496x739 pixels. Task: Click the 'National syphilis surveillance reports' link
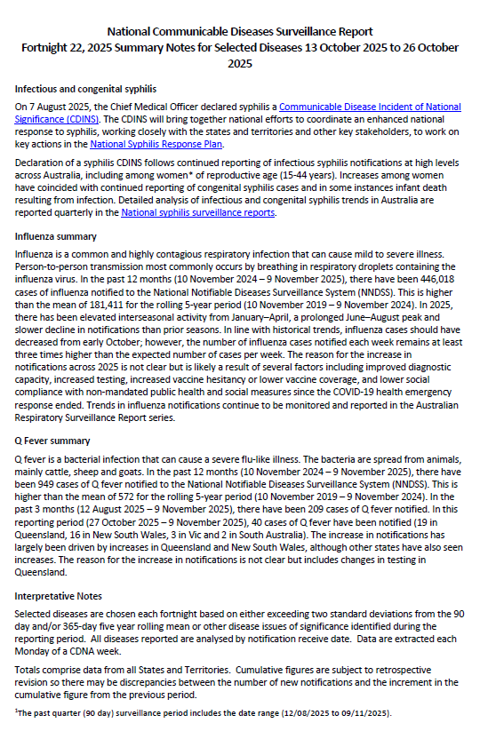[199, 212]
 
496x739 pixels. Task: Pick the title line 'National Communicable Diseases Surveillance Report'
[248, 30]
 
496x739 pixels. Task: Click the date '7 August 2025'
[56, 107]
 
